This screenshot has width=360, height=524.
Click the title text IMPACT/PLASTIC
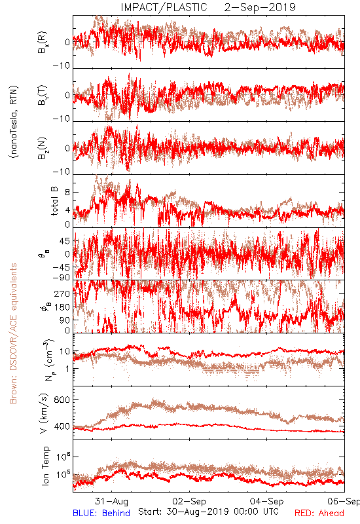coord(164,7)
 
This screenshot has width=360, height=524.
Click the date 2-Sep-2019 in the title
coord(260,7)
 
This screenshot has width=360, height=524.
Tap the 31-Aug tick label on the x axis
coord(111,501)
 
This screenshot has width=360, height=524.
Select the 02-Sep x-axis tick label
coord(189,501)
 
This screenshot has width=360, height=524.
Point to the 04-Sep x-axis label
coord(267,501)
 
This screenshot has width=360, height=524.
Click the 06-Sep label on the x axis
coord(343,501)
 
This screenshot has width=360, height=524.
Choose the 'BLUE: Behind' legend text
coord(101,513)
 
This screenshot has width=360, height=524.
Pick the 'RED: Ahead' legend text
coord(319,513)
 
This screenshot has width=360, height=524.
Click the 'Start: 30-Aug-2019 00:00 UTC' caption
coord(208,512)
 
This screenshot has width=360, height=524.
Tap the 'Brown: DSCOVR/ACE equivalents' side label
coord(13,333)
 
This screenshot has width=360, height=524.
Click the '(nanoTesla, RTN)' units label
coord(14,122)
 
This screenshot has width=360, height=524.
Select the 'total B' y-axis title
coord(54,201)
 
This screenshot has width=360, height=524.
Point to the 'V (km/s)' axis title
coord(44,414)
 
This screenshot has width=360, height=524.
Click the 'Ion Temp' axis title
coord(45,466)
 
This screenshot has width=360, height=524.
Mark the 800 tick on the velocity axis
coord(62,400)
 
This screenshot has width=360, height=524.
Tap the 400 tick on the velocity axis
coord(62,426)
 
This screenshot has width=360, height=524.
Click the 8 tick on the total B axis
coord(67,193)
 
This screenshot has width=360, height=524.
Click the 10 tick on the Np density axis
coord(65,352)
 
